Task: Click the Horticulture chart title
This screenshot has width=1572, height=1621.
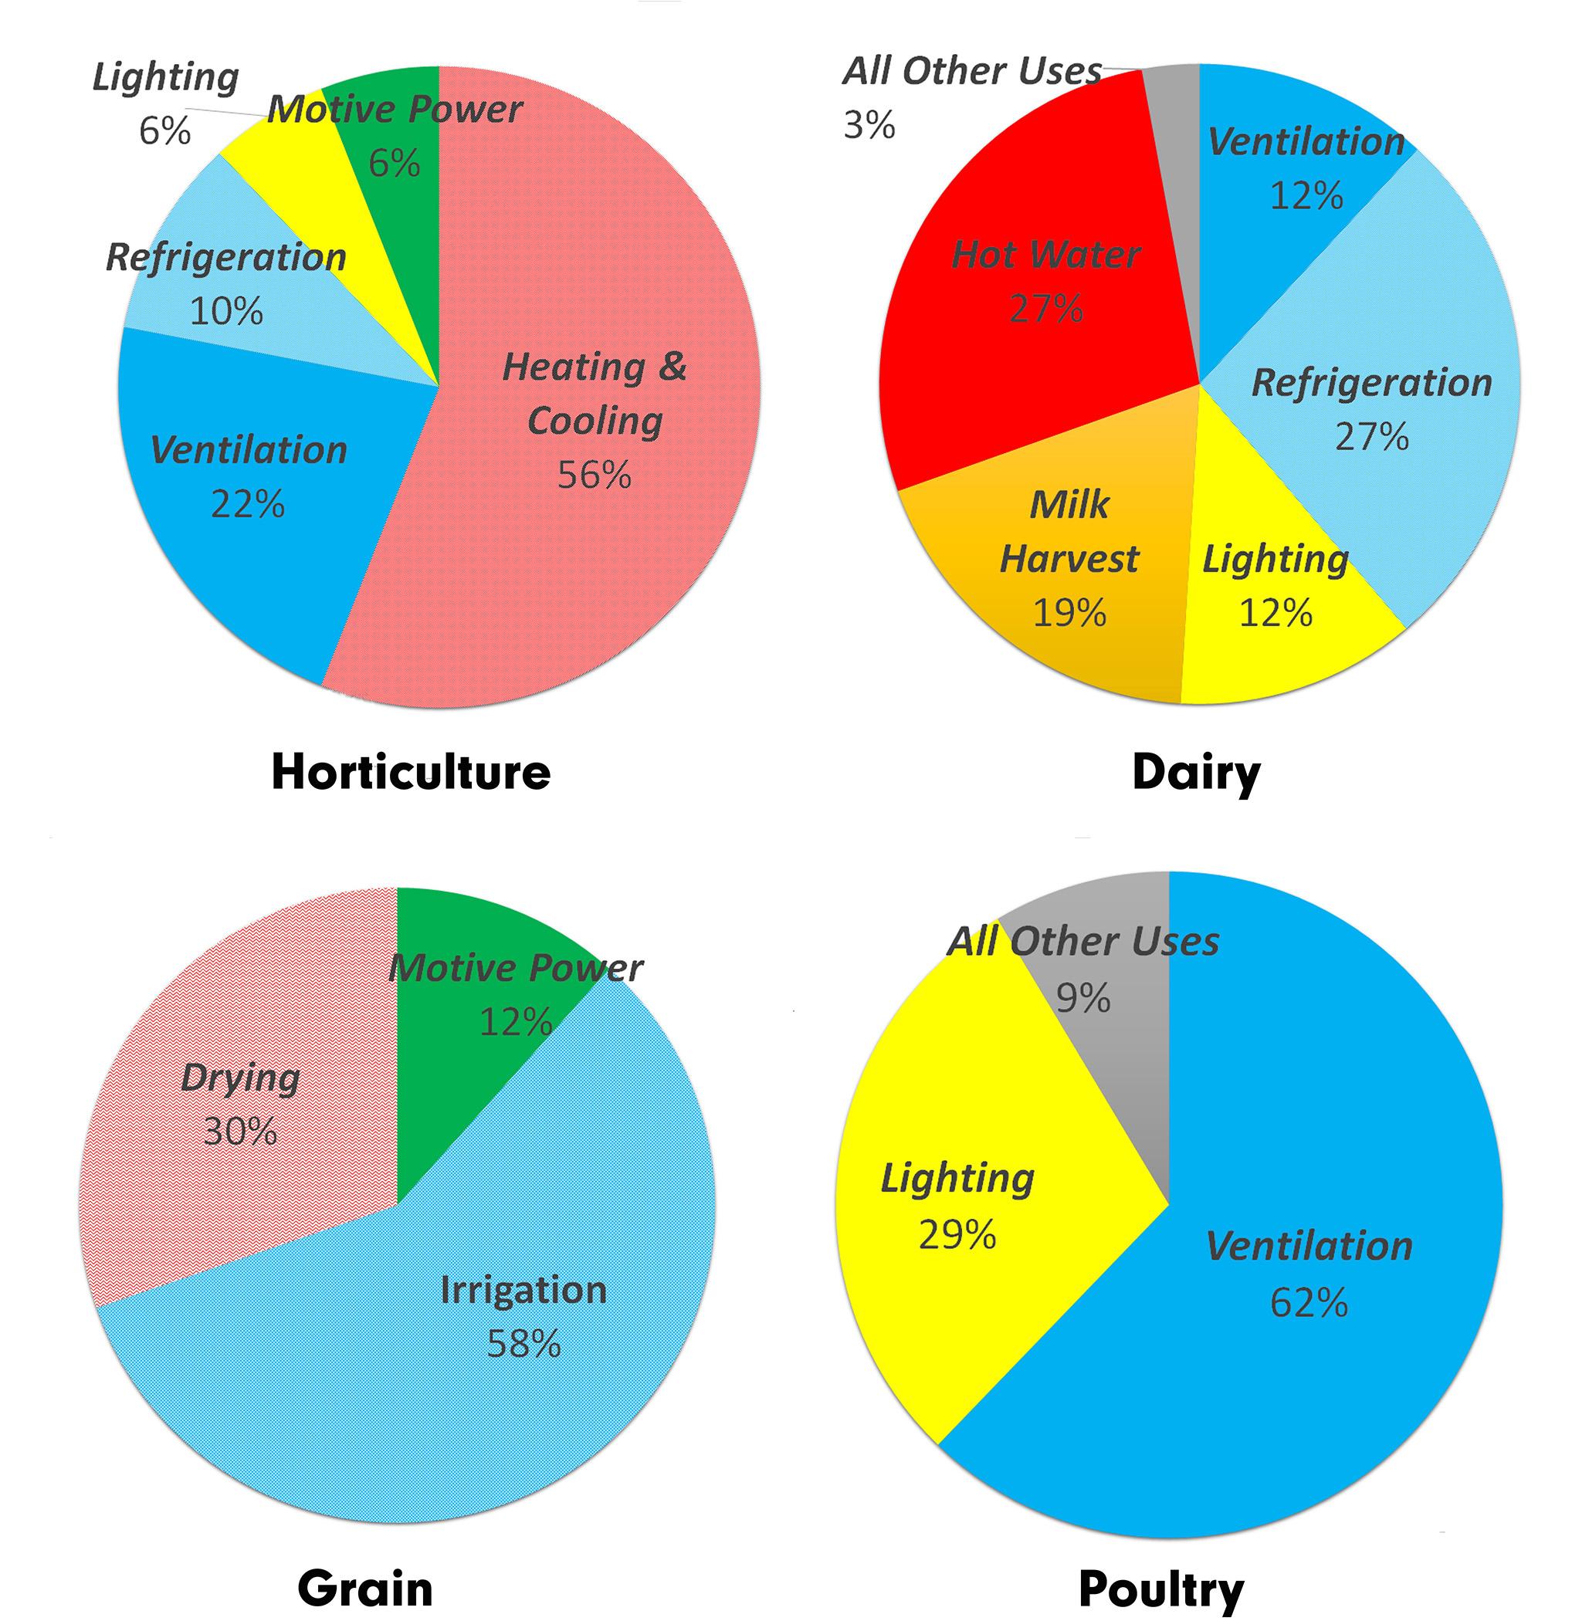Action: (411, 773)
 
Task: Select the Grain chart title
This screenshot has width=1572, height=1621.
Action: (365, 1588)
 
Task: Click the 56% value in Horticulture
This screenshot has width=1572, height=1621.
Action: (594, 475)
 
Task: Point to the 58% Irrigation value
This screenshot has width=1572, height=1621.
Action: (523, 1344)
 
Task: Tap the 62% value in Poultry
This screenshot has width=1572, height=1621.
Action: (1309, 1303)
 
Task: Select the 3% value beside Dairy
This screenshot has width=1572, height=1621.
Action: (869, 126)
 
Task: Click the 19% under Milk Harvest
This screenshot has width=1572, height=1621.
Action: (1069, 613)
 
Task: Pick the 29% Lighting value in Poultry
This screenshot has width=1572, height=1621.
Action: (957, 1235)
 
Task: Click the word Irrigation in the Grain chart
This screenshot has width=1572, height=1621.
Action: (523, 1290)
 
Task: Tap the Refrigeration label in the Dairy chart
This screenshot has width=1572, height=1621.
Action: (1372, 383)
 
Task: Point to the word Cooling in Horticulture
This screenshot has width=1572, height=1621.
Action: (595, 421)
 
